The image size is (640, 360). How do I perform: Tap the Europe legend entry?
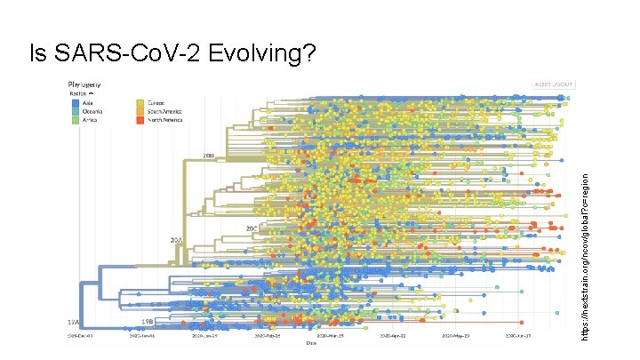(156, 103)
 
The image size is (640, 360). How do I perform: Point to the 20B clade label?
(209, 156)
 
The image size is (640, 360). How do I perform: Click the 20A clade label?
(176, 240)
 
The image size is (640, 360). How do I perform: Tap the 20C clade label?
(252, 228)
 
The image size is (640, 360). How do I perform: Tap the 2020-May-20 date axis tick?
(452, 337)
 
